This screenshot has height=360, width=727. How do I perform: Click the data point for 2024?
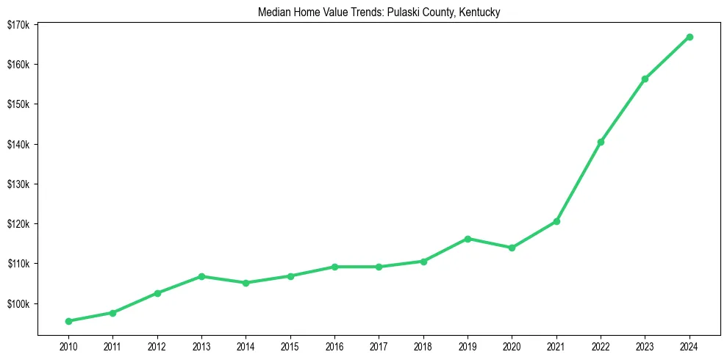point(690,37)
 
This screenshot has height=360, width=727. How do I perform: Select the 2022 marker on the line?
point(601,142)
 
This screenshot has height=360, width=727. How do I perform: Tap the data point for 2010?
point(68,321)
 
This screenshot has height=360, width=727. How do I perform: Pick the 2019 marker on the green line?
point(468,239)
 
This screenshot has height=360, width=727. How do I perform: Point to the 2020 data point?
point(512,248)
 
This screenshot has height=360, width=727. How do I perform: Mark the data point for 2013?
point(201,276)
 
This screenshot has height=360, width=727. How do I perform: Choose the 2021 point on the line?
point(556,221)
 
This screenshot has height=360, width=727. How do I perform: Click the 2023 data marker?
point(645,79)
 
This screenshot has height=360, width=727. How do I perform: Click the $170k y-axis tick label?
point(18,25)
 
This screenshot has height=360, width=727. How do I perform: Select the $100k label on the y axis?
point(18,303)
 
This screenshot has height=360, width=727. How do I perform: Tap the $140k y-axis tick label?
point(18,144)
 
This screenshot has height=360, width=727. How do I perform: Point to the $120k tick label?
point(18,224)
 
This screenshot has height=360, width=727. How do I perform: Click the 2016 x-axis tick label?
point(334,345)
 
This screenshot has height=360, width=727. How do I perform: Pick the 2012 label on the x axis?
point(157,345)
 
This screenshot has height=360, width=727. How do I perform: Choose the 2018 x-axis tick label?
point(423,345)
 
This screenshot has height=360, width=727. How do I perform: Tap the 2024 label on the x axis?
point(690,345)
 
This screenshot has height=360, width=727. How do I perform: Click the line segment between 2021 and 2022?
point(579,181)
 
